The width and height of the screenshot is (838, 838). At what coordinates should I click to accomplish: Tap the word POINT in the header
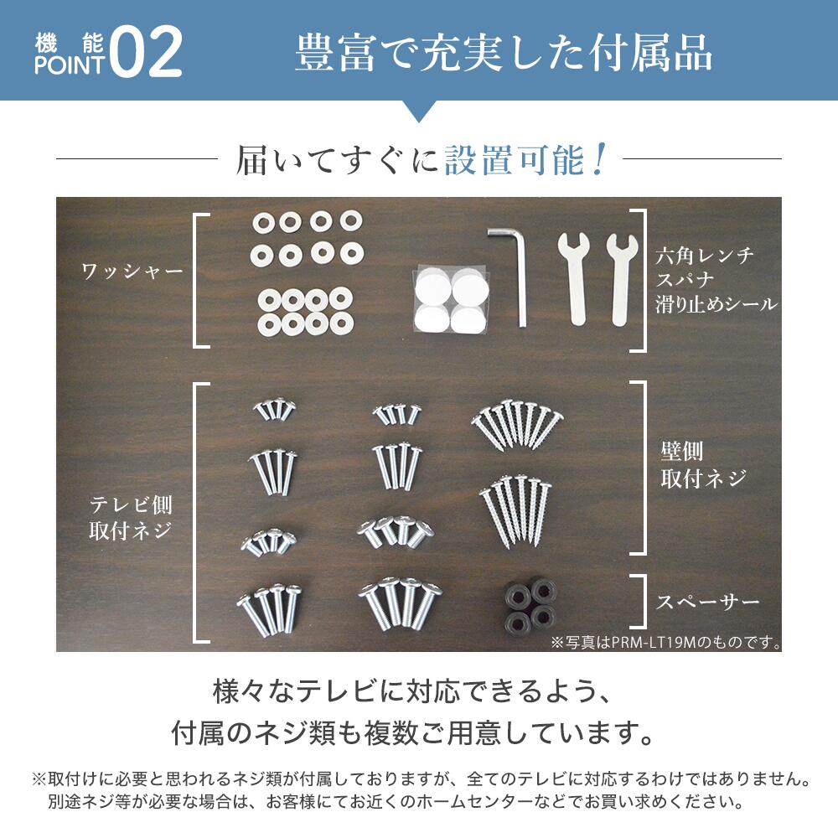70,65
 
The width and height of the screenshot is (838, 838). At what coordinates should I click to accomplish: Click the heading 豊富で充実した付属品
504,53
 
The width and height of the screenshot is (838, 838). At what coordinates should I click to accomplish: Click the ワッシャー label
132,272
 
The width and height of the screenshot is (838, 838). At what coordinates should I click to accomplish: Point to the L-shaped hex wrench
513,272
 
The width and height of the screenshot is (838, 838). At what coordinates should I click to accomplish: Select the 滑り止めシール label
716,304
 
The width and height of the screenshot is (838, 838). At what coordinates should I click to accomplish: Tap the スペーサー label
708,602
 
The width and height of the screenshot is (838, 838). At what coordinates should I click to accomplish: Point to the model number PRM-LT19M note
665,644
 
